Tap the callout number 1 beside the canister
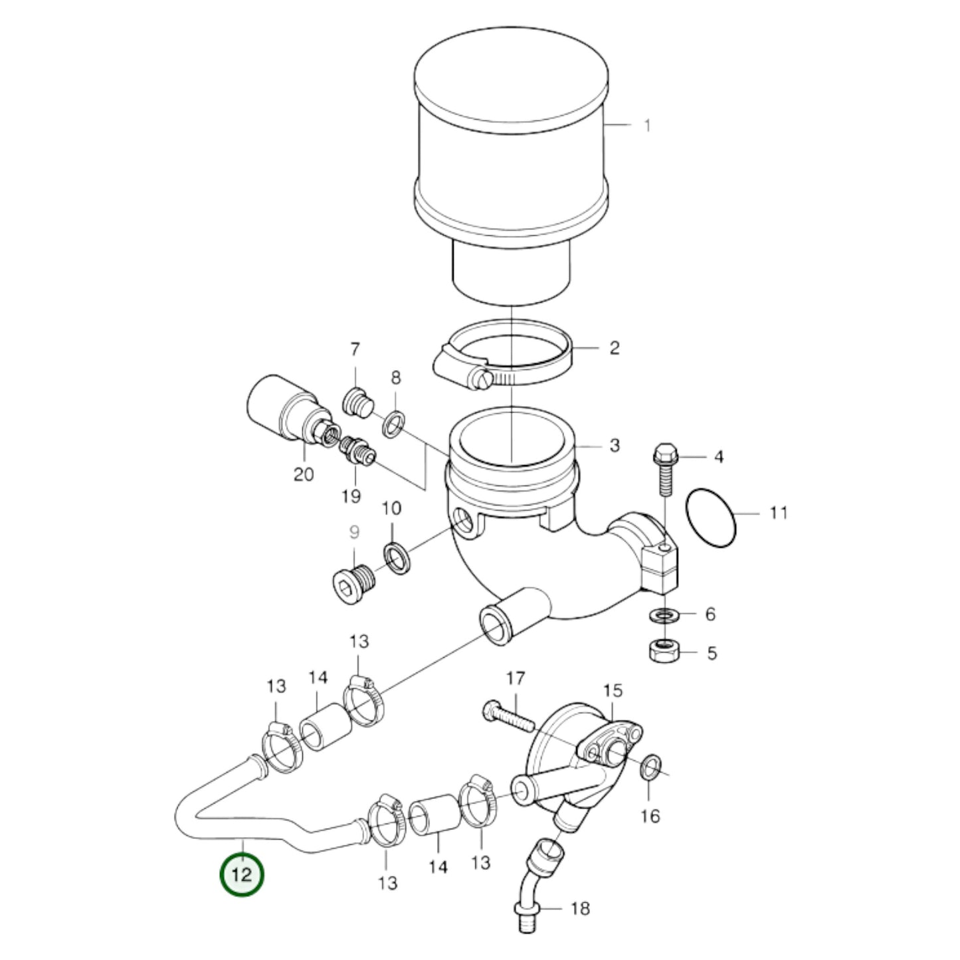coord(647,126)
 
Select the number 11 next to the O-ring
coord(778,512)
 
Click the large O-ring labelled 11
coord(711,518)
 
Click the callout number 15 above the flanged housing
coord(613,690)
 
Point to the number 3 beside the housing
coord(615,445)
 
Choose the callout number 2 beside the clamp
coord(615,347)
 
